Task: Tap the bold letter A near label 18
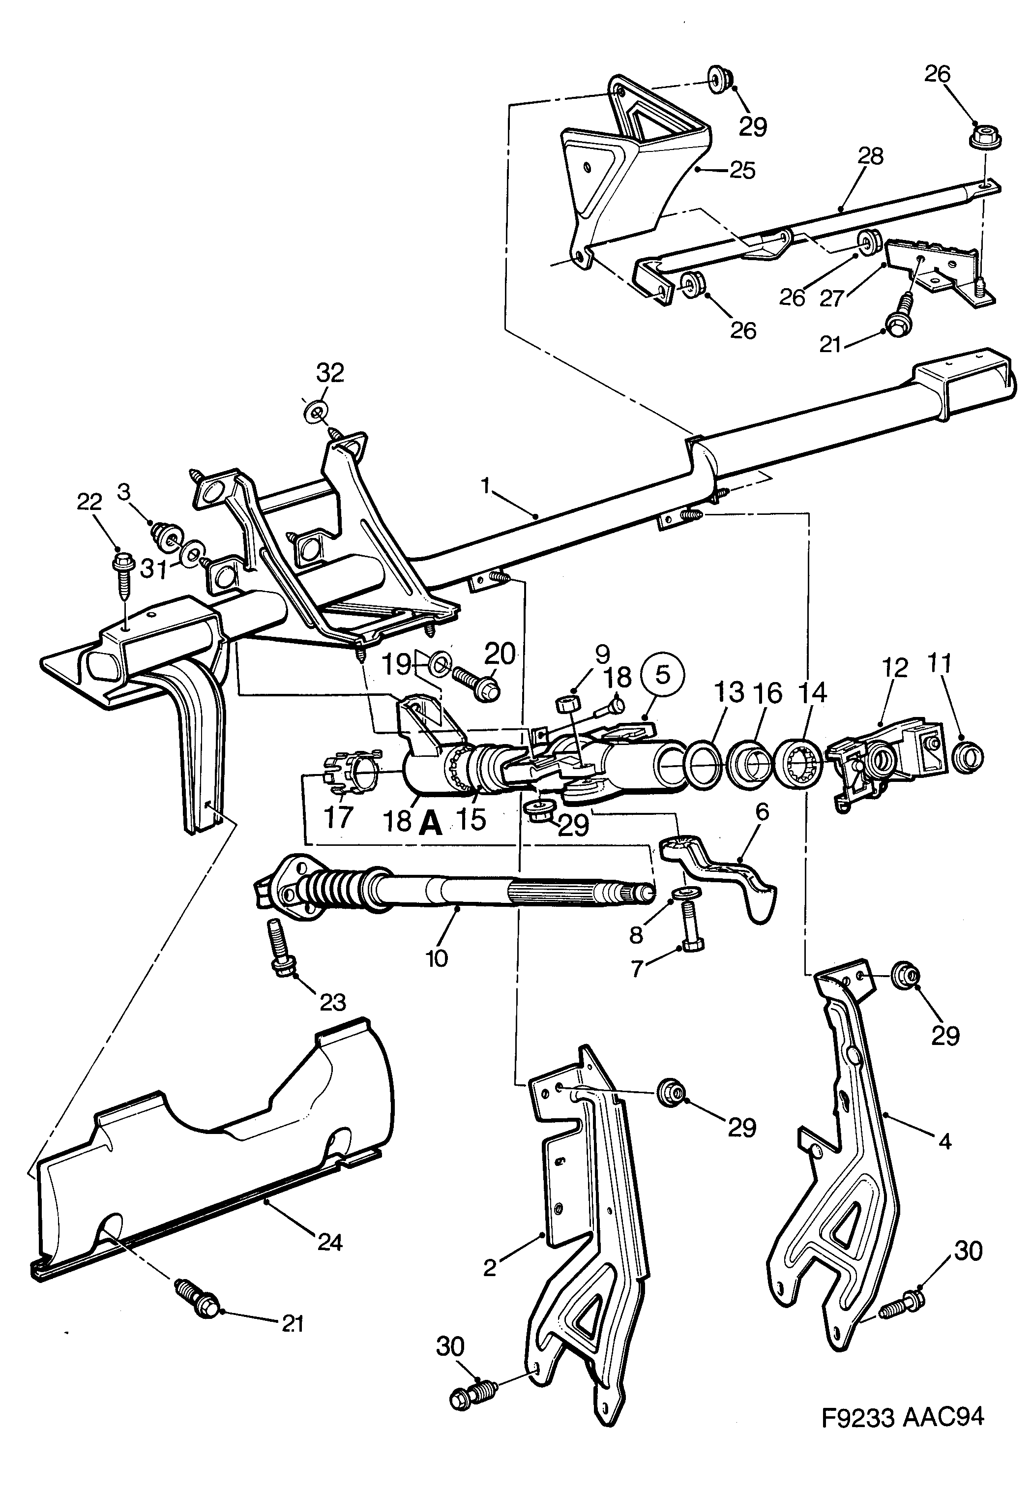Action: [430, 824]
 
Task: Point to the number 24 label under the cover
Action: [329, 1242]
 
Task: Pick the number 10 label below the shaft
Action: [437, 958]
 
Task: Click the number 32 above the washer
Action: [330, 373]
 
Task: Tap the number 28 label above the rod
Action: [870, 156]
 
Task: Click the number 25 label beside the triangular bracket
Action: [742, 171]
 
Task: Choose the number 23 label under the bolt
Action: [333, 1003]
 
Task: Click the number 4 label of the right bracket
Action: [944, 1141]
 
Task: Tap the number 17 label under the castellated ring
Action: [338, 817]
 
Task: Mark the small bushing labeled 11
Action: [968, 757]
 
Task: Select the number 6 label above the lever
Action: [762, 812]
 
